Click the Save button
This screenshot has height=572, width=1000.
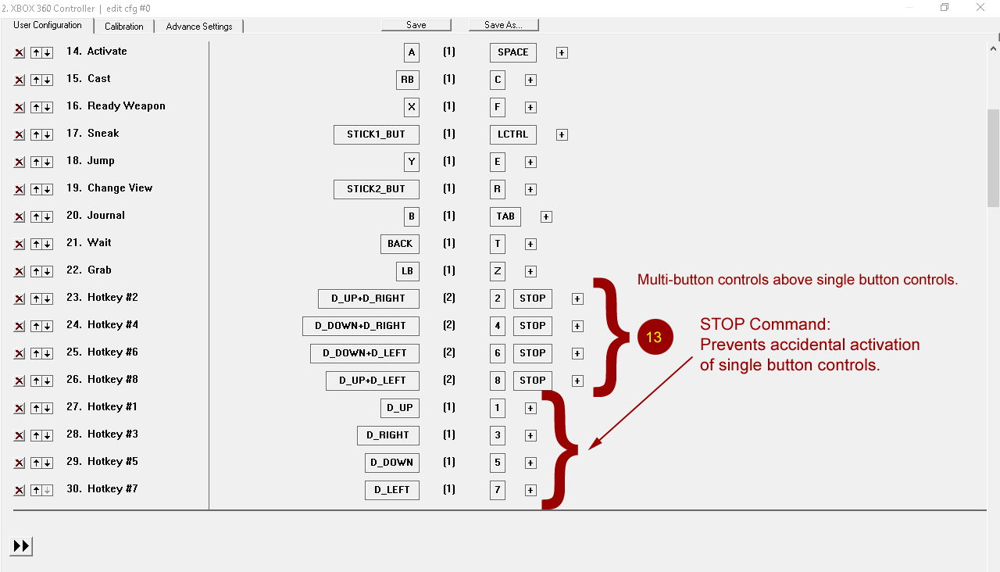point(416,25)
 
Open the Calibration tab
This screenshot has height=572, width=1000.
point(123,27)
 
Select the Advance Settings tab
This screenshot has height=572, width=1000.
point(199,27)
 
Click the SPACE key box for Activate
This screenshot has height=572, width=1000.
point(513,52)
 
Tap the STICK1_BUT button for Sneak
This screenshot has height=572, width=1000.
point(377,134)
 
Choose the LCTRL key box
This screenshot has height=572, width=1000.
point(513,134)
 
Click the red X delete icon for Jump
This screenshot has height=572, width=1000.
point(20,162)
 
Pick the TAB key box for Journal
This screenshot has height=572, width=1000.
point(505,216)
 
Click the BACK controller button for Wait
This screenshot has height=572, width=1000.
point(400,244)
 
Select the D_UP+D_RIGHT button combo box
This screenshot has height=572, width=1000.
point(368,299)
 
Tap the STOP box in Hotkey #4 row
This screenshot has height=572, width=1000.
point(533,326)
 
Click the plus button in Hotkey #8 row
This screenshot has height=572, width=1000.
point(577,381)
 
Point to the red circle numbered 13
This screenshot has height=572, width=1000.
point(655,337)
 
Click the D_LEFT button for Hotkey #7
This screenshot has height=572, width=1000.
point(392,490)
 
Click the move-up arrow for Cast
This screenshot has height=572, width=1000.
point(36,80)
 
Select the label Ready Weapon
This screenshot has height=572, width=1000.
point(127,106)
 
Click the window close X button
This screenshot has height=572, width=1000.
point(980,7)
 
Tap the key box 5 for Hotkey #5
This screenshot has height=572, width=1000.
point(498,463)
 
